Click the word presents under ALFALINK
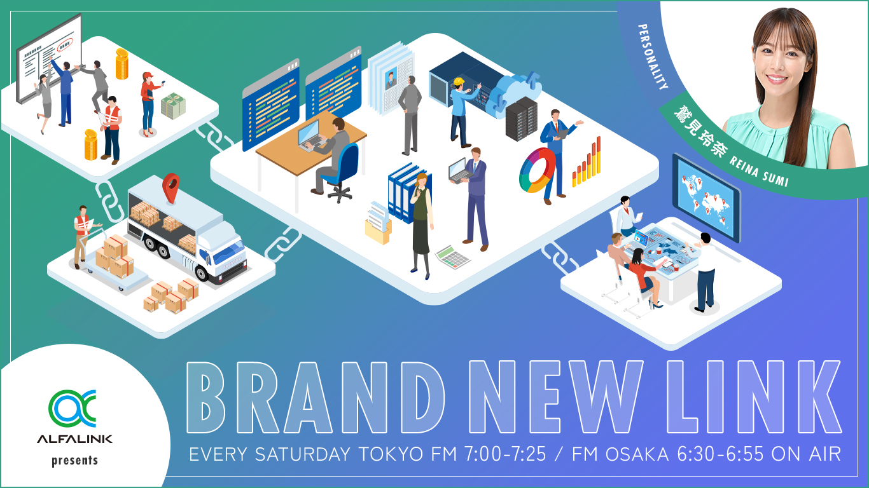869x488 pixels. coord(75,460)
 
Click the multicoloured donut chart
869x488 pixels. coord(535,170)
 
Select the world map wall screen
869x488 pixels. coord(706,194)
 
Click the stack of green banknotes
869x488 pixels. coord(172,106)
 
